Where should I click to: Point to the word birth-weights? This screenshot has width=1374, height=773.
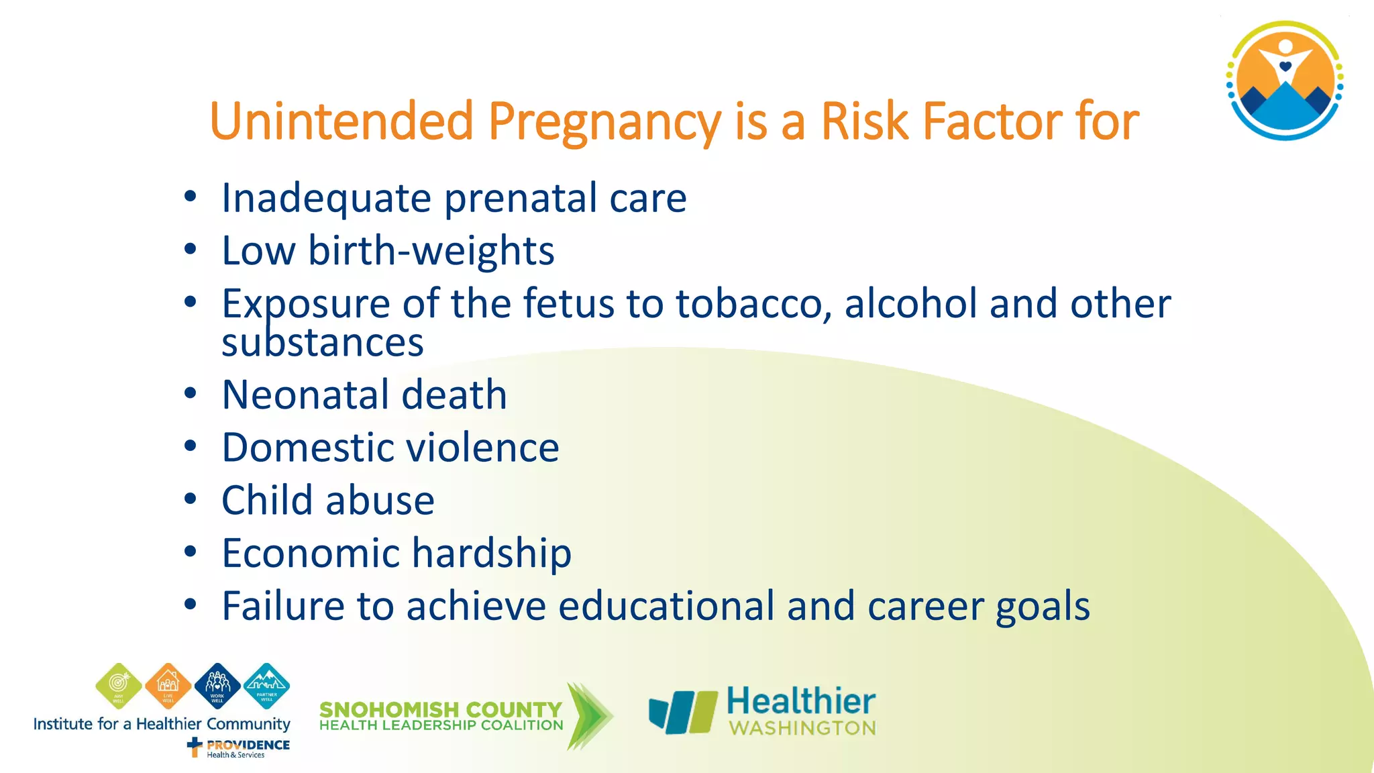coord(431,251)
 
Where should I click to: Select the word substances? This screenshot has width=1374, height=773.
coord(323,342)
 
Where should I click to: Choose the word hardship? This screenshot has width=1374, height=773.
coord(491,554)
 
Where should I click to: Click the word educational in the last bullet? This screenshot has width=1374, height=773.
coord(666,606)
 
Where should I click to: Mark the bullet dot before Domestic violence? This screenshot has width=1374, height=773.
coord(191,446)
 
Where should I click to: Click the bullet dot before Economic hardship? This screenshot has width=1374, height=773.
coord(191,552)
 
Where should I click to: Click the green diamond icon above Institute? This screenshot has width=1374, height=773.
coord(119,686)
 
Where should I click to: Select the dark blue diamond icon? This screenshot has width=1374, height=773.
coord(217,686)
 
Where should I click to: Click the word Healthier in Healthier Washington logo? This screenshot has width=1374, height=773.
coord(801,701)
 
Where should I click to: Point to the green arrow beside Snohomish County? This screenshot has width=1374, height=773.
coord(589,716)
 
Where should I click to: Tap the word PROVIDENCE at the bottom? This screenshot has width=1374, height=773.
coord(248,745)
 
